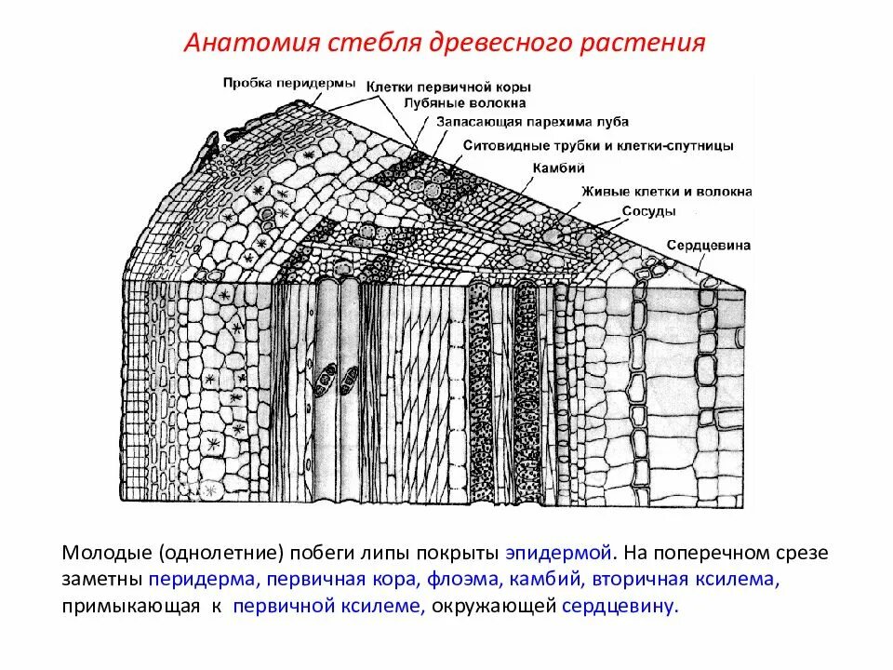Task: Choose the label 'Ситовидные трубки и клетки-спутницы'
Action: [598, 146]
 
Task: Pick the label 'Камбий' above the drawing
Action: [558, 168]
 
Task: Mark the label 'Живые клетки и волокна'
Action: [667, 192]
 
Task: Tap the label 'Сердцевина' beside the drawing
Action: [709, 246]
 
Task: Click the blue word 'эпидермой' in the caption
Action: [559, 553]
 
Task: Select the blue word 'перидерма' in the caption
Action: [201, 580]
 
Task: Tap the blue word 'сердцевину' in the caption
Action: [620, 607]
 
